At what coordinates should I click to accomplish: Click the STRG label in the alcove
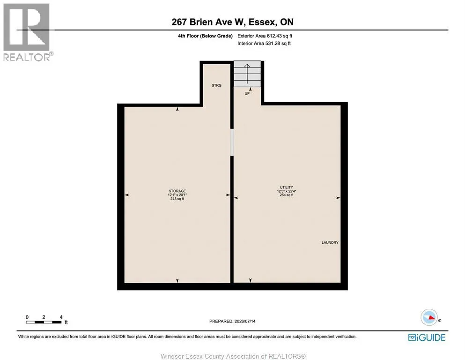pyautogui.click(x=216, y=85)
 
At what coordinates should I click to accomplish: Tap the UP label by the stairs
pyautogui.click(x=247, y=93)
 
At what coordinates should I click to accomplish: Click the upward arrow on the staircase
pyautogui.click(x=247, y=74)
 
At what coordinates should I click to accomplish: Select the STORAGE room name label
pyautogui.click(x=177, y=191)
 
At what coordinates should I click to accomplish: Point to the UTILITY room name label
pyautogui.click(x=287, y=187)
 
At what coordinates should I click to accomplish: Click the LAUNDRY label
pyautogui.click(x=330, y=242)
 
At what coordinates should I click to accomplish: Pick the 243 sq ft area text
pyautogui.click(x=177, y=199)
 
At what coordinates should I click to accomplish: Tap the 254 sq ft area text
pyautogui.click(x=287, y=195)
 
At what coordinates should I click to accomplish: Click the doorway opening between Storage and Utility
pyautogui.click(x=232, y=142)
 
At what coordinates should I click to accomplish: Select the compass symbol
pyautogui.click(x=429, y=317)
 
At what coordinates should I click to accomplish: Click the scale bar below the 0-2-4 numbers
pyautogui.click(x=44, y=322)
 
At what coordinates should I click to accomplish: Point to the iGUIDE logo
pyautogui.click(x=427, y=337)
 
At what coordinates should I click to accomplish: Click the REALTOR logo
pyautogui.click(x=28, y=32)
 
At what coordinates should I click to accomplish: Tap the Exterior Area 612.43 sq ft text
pyautogui.click(x=265, y=36)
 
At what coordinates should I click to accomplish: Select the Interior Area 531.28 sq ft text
pyautogui.click(x=264, y=43)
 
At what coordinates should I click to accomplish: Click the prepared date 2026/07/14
pyautogui.click(x=245, y=321)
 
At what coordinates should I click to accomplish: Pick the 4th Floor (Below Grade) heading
pyautogui.click(x=205, y=36)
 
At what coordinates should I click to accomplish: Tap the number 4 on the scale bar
pyautogui.click(x=61, y=317)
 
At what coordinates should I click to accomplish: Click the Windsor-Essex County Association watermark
pyautogui.click(x=233, y=356)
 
